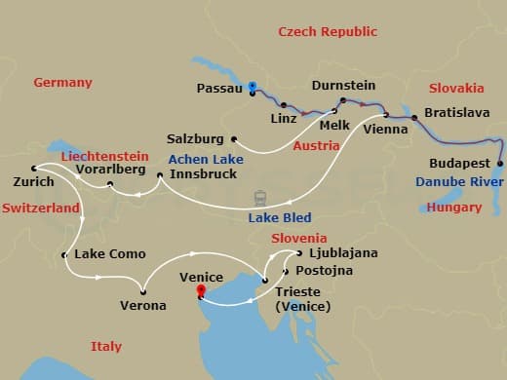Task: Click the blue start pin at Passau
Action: (x=252, y=87)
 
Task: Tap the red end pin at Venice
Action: (x=201, y=290)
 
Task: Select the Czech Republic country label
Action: (x=327, y=32)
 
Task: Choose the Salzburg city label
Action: (x=195, y=138)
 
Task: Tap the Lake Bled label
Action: (x=279, y=218)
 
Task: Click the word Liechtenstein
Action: (x=104, y=156)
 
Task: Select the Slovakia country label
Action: (x=456, y=88)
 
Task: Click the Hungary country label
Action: (x=454, y=208)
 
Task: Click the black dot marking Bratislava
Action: (x=414, y=118)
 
